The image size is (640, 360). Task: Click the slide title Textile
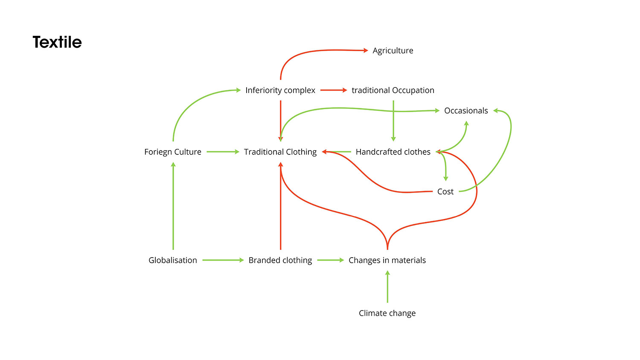(x=57, y=42)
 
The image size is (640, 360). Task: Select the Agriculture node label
(x=393, y=50)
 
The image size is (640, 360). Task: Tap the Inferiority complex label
(x=280, y=90)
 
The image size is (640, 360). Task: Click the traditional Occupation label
(x=393, y=90)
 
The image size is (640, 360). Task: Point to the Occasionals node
(x=466, y=111)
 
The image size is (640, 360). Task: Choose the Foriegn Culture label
(x=173, y=152)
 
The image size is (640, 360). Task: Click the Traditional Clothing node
(x=280, y=152)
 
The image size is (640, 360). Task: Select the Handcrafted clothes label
(x=393, y=152)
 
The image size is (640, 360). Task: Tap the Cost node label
(x=445, y=192)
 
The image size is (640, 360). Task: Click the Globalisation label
(x=173, y=260)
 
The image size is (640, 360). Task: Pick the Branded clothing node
(x=280, y=260)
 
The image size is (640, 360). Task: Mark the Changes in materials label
(x=387, y=260)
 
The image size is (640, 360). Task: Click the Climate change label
(x=387, y=313)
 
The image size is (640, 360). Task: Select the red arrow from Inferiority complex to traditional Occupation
(x=333, y=90)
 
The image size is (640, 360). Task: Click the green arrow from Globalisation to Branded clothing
(x=223, y=260)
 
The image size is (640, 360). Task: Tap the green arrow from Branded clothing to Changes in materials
(x=330, y=260)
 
